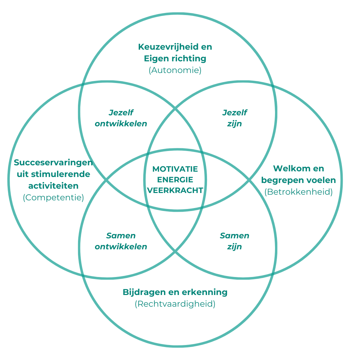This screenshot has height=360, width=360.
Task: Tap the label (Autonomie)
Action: pos(175,70)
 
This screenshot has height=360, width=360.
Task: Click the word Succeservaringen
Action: pos(53,163)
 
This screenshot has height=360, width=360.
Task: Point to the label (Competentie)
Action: pos(53,197)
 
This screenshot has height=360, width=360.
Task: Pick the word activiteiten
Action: pos(53,186)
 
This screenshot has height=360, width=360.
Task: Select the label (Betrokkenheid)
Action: pos(298,192)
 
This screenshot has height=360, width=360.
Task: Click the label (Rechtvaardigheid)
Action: pos(175,304)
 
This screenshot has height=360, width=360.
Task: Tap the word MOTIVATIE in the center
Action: pos(175,169)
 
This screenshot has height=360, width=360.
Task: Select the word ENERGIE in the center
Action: pos(175,180)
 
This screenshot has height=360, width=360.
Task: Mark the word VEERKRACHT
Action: pos(175,190)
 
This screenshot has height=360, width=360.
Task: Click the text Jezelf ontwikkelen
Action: pos(121,118)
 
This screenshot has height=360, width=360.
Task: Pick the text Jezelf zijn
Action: pos(235,118)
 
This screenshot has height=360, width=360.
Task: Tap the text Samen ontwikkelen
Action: pos(121,241)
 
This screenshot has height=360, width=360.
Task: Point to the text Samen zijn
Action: pos(234,241)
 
